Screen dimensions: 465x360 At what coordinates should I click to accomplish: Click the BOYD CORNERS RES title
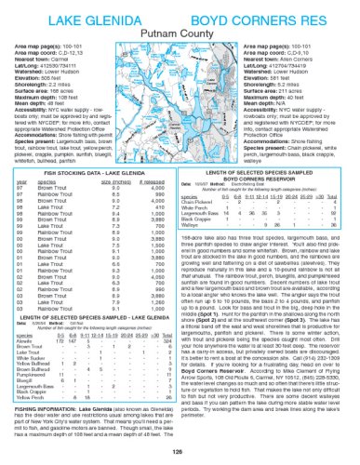(x=269, y=12)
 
